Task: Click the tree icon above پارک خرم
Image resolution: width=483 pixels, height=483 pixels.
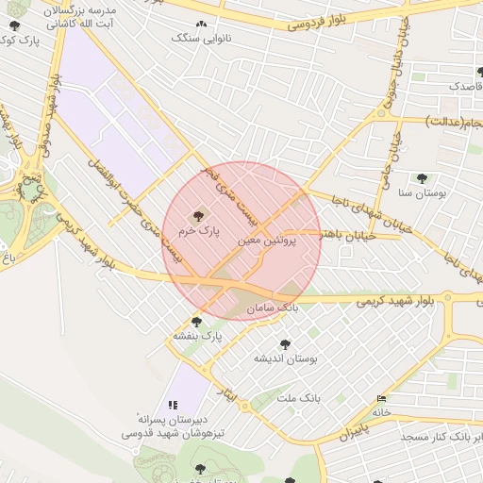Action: tap(198, 215)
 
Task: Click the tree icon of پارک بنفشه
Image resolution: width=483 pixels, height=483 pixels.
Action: tap(196, 322)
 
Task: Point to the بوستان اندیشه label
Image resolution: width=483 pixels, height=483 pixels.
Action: tap(286, 358)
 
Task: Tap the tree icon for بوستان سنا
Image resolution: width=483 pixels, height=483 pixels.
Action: tap(422, 177)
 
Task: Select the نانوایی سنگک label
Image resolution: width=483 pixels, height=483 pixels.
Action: tap(199, 38)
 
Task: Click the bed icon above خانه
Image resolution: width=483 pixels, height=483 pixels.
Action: tap(381, 399)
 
